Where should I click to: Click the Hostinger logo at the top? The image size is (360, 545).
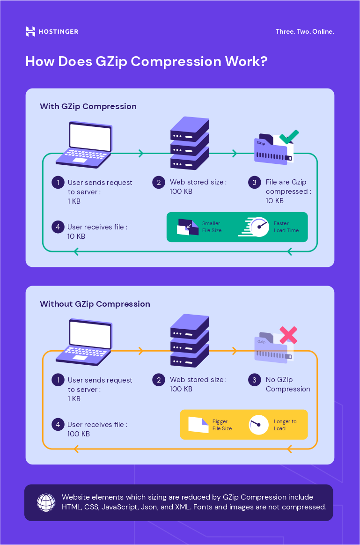51,32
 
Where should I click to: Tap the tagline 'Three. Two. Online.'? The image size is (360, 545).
305,32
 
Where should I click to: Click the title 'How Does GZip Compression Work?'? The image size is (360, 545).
146,62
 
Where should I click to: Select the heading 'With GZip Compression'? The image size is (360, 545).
88,106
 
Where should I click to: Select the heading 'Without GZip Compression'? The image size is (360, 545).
95,304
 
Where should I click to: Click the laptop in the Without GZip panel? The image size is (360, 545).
84,342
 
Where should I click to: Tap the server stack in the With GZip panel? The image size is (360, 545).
190,143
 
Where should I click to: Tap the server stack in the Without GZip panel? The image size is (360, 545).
190,340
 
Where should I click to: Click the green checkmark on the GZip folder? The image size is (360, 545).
289,137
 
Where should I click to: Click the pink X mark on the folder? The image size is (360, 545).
288,335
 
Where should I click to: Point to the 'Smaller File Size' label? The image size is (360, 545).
212,227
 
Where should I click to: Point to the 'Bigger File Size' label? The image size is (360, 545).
222,425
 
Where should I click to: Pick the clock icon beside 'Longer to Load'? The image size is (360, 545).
258,425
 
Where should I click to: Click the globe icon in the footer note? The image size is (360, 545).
46,502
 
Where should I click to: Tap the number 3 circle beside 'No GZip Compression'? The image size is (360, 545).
254,380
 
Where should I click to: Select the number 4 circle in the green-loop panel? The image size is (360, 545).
58,227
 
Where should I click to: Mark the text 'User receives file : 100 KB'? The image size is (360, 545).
97,429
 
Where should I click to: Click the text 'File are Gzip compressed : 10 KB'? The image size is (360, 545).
288,191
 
